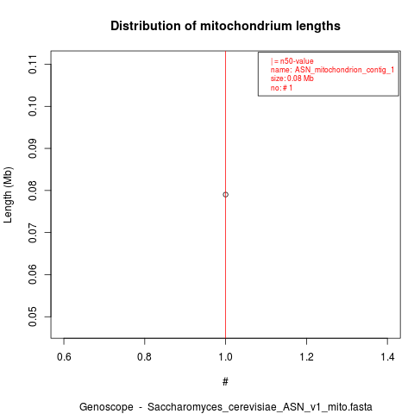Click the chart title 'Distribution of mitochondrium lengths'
click(x=225, y=26)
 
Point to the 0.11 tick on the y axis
click(x=33, y=64)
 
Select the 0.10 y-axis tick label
click(x=33, y=106)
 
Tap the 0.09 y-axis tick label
click(x=33, y=148)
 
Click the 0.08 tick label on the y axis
click(x=33, y=191)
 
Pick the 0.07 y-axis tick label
click(x=33, y=233)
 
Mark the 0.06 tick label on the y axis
click(x=33, y=275)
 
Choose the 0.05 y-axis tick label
click(x=33, y=317)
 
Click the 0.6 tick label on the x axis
click(x=64, y=357)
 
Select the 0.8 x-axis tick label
click(x=145, y=357)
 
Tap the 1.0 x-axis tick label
click(x=225, y=357)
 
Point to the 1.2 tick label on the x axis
click(x=306, y=357)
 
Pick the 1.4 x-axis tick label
click(x=387, y=357)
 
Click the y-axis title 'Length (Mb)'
click(x=8, y=195)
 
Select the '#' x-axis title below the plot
click(x=225, y=382)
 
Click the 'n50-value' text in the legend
click(x=297, y=61)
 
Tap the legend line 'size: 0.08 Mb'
click(x=292, y=78)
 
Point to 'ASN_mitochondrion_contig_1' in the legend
click(x=344, y=70)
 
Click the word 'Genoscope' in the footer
click(x=106, y=407)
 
